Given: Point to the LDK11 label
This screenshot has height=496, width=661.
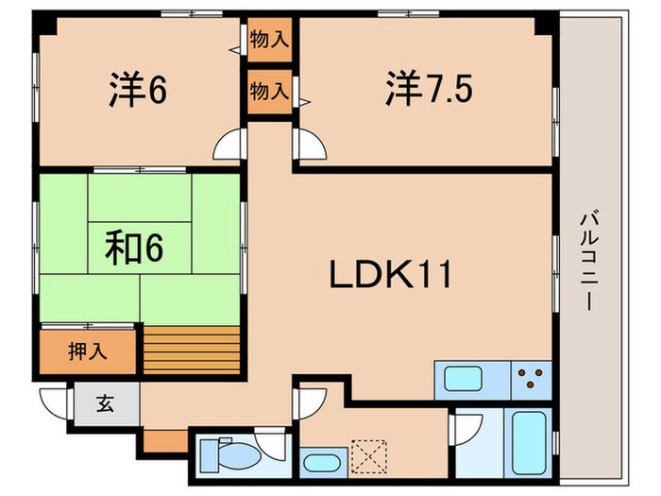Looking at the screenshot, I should point(392,275).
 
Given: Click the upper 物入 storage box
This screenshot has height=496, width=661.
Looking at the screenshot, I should point(269,41).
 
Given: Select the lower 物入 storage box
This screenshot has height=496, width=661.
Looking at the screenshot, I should point(269,91).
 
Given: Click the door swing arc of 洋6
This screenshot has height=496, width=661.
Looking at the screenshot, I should point(228,146).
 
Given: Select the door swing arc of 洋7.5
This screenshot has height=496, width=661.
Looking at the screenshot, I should point(310,146).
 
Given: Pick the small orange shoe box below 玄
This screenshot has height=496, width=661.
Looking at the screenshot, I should point(165,439).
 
